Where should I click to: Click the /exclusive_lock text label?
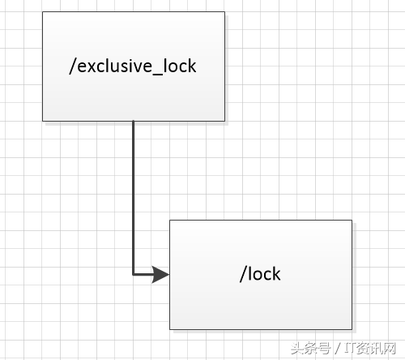[x=134, y=66]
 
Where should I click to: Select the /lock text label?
[x=260, y=273]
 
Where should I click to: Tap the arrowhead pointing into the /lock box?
[x=162, y=275]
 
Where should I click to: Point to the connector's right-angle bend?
[x=134, y=275]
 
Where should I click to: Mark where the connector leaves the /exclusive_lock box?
[x=134, y=122]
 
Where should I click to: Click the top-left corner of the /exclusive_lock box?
[x=43, y=12]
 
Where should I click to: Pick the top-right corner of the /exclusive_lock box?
[x=225, y=12]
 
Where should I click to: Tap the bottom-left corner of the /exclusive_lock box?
[x=43, y=121]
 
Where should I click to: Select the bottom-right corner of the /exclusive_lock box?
[x=225, y=121]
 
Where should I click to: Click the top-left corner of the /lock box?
[x=170, y=221]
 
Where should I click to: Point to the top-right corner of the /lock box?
[x=352, y=221]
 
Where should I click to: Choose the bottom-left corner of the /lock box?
[x=170, y=329]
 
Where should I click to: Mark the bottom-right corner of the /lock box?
[x=352, y=329]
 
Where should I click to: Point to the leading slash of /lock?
[x=242, y=273]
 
